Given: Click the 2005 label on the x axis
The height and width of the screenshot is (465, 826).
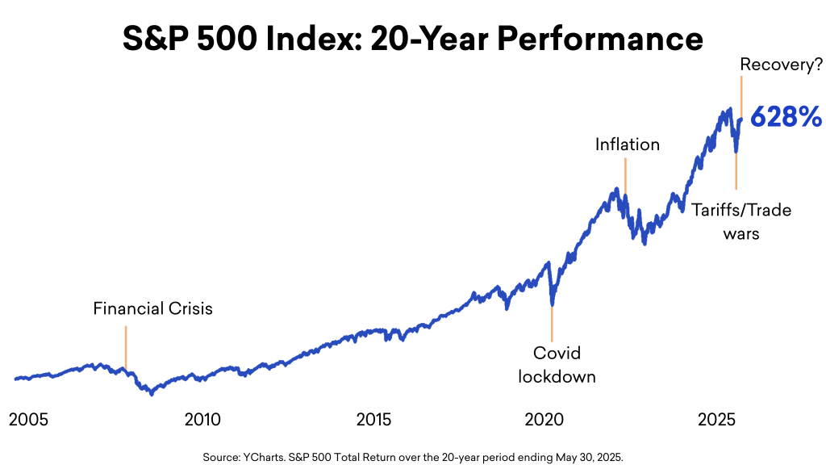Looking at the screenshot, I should click(x=28, y=420).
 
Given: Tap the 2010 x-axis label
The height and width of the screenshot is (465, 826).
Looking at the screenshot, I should click(x=202, y=420).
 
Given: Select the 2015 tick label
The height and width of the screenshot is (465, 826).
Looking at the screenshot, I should click(x=373, y=420).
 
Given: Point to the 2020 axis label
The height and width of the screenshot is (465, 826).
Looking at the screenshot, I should click(x=544, y=420).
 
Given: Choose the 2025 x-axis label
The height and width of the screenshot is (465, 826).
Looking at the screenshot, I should click(x=716, y=420).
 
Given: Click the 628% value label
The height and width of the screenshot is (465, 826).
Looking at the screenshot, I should click(x=786, y=118).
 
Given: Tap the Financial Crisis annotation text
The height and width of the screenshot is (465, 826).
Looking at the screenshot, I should click(x=152, y=308).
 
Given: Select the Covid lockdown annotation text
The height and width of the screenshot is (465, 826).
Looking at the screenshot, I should click(x=557, y=365).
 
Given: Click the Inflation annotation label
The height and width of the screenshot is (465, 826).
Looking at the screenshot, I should click(x=628, y=145).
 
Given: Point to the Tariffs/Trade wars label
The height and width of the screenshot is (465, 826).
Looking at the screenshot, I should click(x=741, y=221).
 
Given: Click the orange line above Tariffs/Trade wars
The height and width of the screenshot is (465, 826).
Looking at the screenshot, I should click(x=736, y=170).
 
